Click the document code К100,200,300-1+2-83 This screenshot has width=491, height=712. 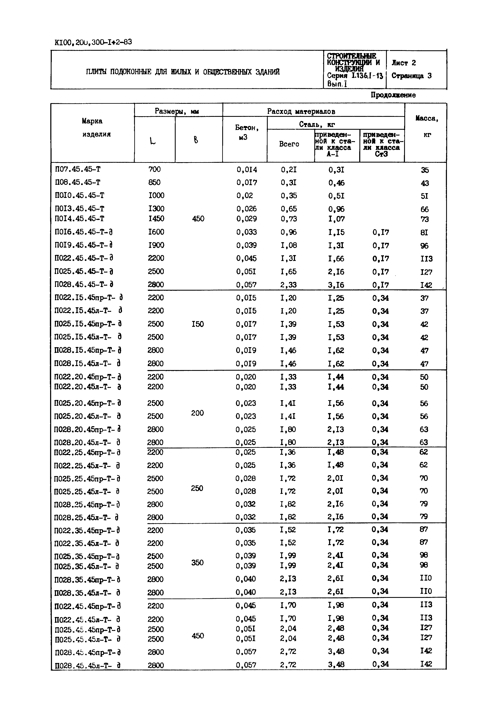coord(93,42)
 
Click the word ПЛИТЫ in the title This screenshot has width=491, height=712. coord(96,72)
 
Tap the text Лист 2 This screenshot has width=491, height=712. coord(404,63)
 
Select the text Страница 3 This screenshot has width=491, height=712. coord(411,76)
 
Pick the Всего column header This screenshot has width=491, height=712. coord(289,144)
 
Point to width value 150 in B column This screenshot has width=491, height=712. coord(197,324)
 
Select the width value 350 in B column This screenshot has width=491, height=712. coord(197,563)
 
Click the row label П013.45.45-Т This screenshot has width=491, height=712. coord(79,209)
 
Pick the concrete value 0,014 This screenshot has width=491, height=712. coord(247,170)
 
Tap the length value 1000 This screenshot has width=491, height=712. coord(156,195)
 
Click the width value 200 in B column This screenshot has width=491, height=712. coord(197,413)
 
